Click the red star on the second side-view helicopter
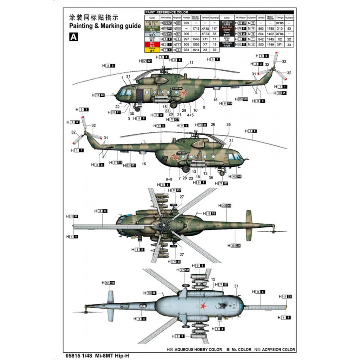tap(175, 157)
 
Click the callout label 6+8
tap(169, 178)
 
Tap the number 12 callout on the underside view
tap(213, 279)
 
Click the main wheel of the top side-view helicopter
tap(173, 104)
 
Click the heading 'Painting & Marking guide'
tap(101, 27)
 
